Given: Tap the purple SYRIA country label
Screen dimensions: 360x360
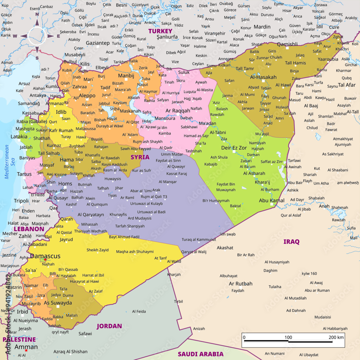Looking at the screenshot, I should click(140, 157).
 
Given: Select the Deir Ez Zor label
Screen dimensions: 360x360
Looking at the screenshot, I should click(234, 148).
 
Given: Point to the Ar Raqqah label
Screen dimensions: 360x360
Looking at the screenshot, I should click(178, 111).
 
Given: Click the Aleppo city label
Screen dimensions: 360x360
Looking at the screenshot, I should click(87, 95).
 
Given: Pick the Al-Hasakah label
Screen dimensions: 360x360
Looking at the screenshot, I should click(263, 77).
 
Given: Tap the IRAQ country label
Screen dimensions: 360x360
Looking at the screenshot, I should click(291, 242).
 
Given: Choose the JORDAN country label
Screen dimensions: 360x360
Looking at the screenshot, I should click(109, 326).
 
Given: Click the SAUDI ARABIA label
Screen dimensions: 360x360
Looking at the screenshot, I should click(201, 354).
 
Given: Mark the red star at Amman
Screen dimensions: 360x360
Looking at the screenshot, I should click(26, 350).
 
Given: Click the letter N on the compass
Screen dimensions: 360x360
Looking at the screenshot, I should click(37, 15).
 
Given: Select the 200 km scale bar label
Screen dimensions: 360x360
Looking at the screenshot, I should click(336, 337).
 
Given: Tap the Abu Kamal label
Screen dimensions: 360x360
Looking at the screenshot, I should click(272, 201).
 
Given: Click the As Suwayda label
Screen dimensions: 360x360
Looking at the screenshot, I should click(58, 303).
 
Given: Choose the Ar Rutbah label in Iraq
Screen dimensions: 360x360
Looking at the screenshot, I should click(241, 283).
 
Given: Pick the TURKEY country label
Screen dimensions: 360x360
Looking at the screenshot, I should click(160, 31).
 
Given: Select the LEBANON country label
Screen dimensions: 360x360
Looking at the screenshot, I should click(29, 229).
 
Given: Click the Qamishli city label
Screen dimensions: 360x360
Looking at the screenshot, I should click(287, 44).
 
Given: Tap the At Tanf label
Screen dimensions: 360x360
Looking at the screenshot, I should click(161, 258).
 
